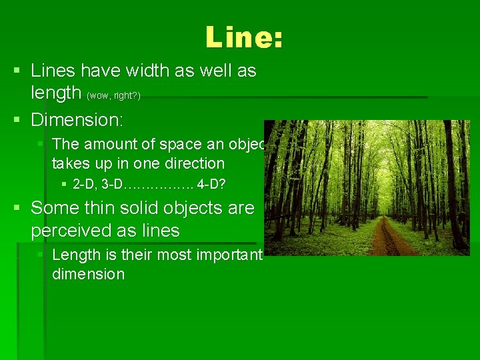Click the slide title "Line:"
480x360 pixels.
pos(244,37)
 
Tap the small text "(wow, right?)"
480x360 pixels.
pos(113,96)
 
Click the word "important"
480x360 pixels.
pos(231,255)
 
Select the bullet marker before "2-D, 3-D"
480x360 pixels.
pos(63,183)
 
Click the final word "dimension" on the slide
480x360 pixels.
pos(88,274)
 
